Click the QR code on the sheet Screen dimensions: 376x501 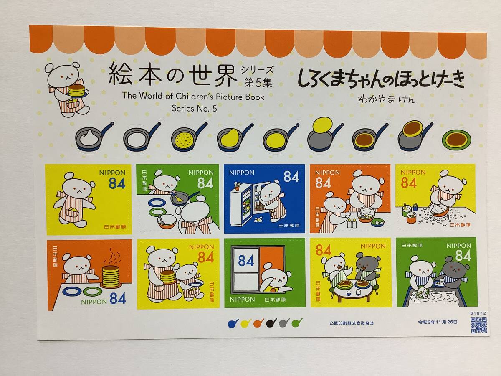tap(479, 325)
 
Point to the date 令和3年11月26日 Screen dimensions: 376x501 tap(438, 322)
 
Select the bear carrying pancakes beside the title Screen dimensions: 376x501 tap(66, 89)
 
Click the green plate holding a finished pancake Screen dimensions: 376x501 tap(456, 140)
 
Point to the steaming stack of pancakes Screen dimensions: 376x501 tap(111, 276)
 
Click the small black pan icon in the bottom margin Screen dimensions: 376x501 tap(272, 323)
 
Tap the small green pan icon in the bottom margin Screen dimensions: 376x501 tap(297, 323)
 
